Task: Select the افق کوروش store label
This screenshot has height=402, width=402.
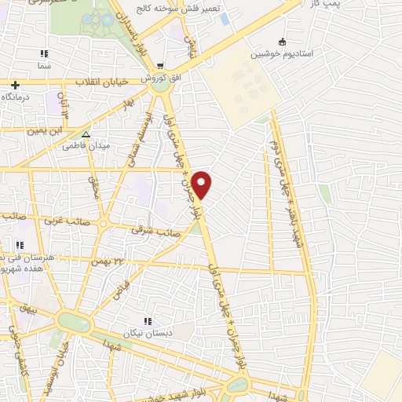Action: pyautogui.click(x=156, y=79)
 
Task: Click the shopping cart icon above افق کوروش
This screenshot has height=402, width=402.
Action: pyautogui.click(x=160, y=67)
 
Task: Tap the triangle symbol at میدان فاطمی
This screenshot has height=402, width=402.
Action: pyautogui.click(x=86, y=134)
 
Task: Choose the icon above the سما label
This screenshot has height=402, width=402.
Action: pyautogui.click(x=45, y=54)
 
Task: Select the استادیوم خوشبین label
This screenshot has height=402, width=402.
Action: pyautogui.click(x=281, y=55)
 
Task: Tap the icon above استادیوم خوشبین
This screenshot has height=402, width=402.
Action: pyautogui.click(x=282, y=42)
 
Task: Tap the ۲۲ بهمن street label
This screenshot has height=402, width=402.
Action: pyautogui.click(x=108, y=260)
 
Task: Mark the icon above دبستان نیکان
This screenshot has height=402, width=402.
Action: pyautogui.click(x=147, y=320)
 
